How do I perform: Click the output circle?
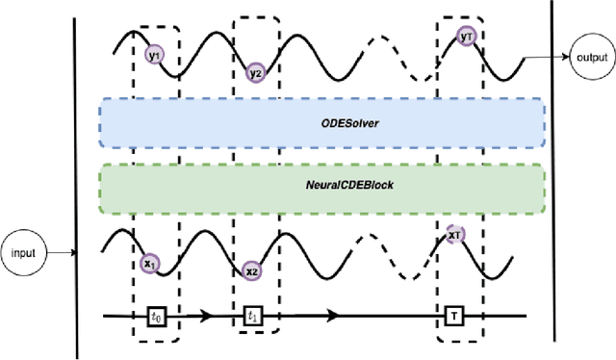(x=590, y=57)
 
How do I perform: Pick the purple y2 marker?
(x=256, y=72)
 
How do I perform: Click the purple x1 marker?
(x=150, y=262)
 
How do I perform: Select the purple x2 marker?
(x=251, y=270)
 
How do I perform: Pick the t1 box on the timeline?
(x=253, y=315)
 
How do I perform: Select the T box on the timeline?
(x=453, y=315)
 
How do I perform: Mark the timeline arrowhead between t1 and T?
(x=331, y=315)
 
